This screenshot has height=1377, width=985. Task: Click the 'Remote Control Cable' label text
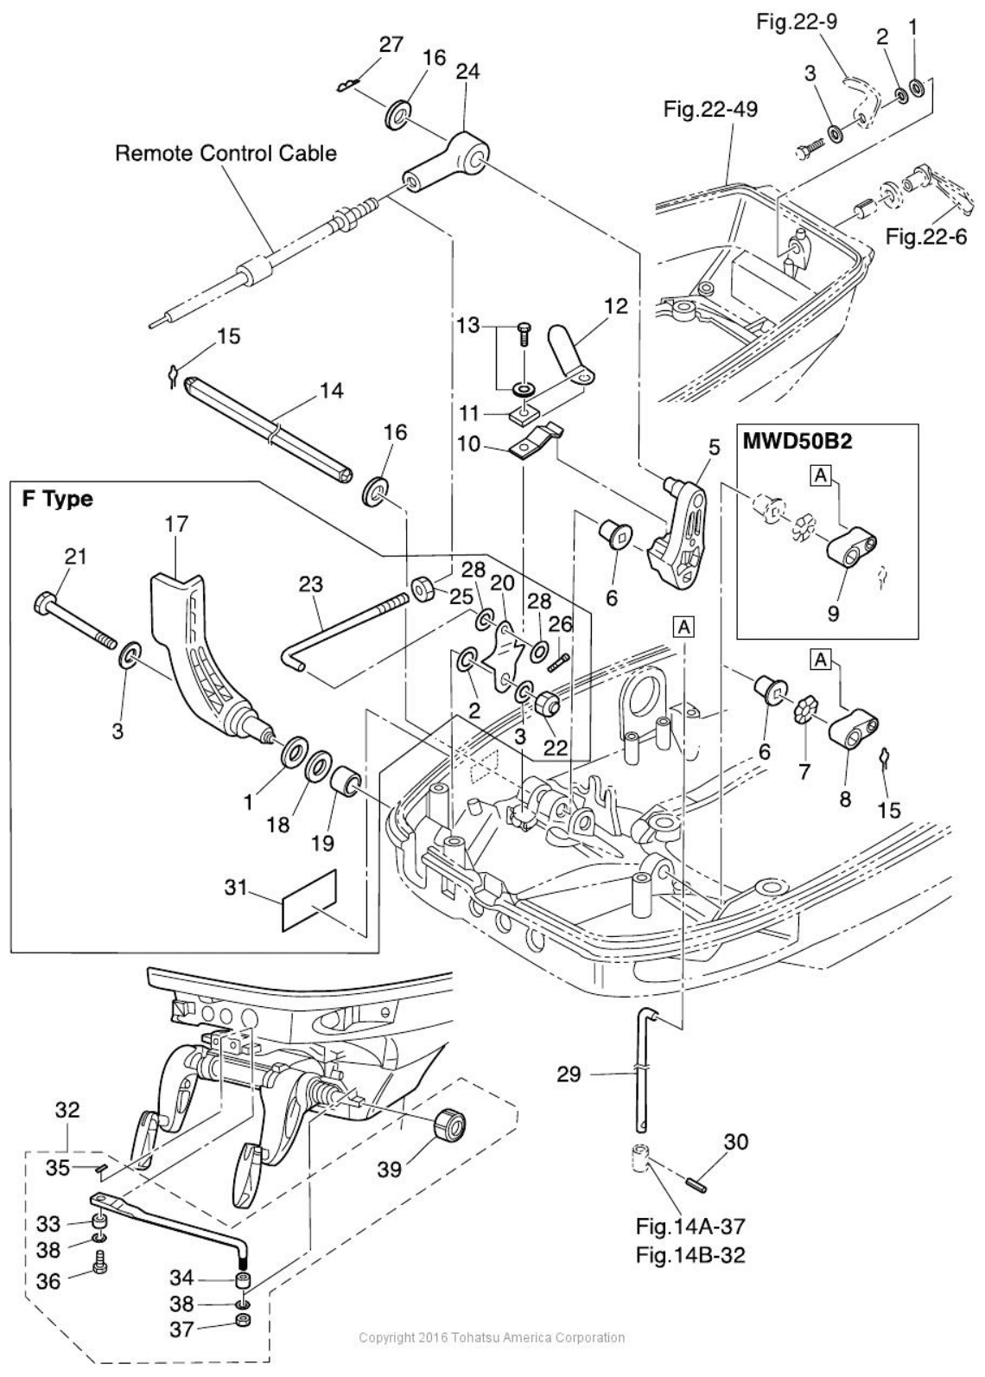(226, 153)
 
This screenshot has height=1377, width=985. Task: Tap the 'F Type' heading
(57, 499)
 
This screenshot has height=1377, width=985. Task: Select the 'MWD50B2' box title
(798, 442)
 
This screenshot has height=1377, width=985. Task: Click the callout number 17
(175, 525)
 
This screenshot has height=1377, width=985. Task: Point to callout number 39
(389, 1170)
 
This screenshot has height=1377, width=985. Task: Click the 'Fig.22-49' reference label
(710, 110)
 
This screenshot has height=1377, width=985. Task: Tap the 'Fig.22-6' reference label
(925, 236)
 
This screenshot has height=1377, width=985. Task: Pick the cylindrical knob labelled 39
(450, 1128)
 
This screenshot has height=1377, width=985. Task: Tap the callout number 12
(616, 305)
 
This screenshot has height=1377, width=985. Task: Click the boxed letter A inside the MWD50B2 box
(821, 474)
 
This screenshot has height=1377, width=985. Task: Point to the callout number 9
(833, 613)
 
